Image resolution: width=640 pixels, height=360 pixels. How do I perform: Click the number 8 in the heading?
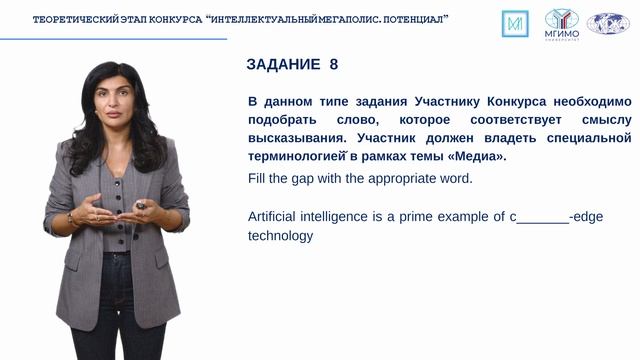(333, 65)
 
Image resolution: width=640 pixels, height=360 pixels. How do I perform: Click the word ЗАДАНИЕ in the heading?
(282, 65)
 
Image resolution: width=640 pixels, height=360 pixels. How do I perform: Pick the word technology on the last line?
(280, 236)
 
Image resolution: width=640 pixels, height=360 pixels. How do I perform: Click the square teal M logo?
(516, 23)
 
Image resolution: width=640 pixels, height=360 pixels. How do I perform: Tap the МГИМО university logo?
(561, 23)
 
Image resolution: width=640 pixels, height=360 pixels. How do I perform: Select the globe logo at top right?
(607, 23)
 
